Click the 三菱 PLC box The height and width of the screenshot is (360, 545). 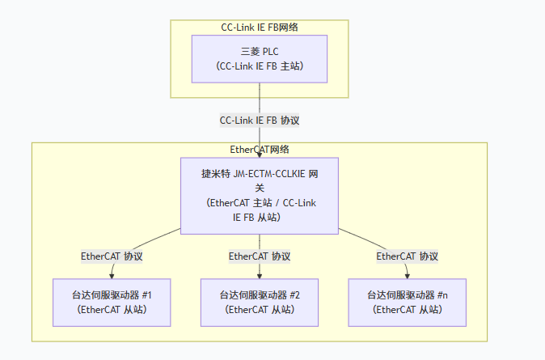(x=259, y=58)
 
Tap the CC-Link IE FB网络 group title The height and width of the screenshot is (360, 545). (x=260, y=27)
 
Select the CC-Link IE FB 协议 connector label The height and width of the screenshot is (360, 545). (x=260, y=120)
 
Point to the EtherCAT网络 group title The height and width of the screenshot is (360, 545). (x=260, y=150)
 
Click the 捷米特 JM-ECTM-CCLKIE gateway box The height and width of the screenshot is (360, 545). (x=259, y=195)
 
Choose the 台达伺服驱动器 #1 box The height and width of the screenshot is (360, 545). (x=112, y=302)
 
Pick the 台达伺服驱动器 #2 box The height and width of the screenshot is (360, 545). (x=260, y=302)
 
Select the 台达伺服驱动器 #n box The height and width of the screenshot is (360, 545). (x=408, y=302)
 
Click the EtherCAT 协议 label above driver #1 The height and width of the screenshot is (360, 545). (x=112, y=256)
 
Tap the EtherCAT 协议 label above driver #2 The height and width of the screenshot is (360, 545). (x=260, y=256)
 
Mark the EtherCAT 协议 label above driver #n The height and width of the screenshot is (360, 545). (x=408, y=256)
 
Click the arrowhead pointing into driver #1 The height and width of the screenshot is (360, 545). (x=112, y=275)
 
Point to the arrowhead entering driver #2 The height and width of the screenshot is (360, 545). (x=260, y=275)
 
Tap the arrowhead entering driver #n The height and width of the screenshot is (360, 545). (x=408, y=275)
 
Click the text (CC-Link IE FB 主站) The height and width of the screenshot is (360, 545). (x=260, y=66)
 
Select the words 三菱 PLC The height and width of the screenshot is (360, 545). (x=260, y=52)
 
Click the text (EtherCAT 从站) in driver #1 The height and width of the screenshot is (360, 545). (x=112, y=309)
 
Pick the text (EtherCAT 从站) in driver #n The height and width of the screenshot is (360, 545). (x=408, y=309)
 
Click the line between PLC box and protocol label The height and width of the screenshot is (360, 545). (x=260, y=97)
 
